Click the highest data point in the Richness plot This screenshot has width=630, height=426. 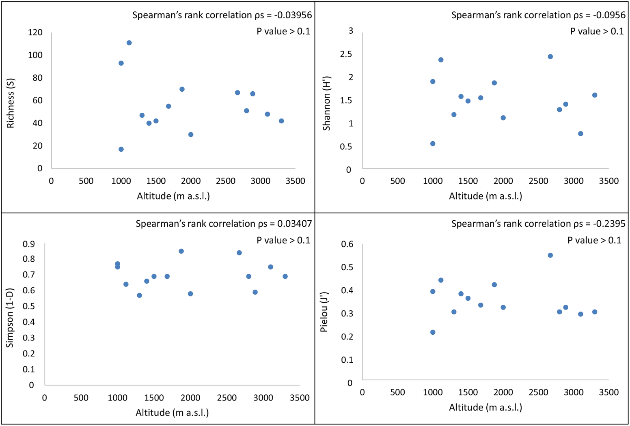pyautogui.click(x=129, y=43)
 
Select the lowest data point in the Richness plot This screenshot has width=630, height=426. pyautogui.click(x=121, y=149)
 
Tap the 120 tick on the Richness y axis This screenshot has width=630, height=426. pyautogui.click(x=35, y=32)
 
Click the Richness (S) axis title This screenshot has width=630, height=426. pyautogui.click(x=11, y=103)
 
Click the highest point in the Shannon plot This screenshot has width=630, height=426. pyautogui.click(x=550, y=57)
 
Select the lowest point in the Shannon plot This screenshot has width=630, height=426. pyautogui.click(x=433, y=144)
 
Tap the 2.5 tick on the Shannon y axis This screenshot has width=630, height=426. pyautogui.click(x=346, y=54)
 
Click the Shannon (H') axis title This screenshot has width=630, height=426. pyautogui.click(x=326, y=103)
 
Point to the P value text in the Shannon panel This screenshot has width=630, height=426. pyautogui.click(x=597, y=31)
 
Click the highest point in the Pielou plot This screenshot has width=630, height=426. pyautogui.click(x=550, y=255)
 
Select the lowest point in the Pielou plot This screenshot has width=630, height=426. pyautogui.click(x=433, y=332)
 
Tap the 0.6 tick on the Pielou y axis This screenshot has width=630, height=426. pyautogui.click(x=347, y=244)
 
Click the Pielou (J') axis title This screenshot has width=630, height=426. pyautogui.click(x=324, y=312)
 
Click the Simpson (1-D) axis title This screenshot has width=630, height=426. pyautogui.click(x=10, y=318)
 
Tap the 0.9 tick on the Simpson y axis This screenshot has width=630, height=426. pyautogui.click(x=28, y=244)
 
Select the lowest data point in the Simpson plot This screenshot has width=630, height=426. pyautogui.click(x=139, y=295)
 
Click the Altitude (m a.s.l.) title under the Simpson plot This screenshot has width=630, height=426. pyautogui.click(x=172, y=413)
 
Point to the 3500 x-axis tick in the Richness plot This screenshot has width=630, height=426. pyautogui.click(x=295, y=181)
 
